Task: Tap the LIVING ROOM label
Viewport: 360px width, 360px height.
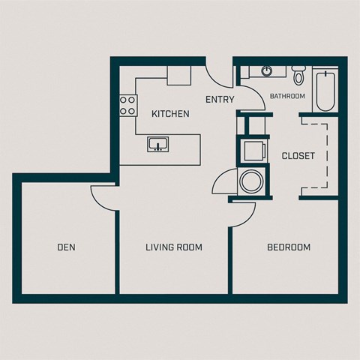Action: click(x=174, y=247)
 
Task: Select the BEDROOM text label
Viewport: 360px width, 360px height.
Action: click(x=289, y=247)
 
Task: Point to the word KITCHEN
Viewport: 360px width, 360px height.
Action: click(x=170, y=114)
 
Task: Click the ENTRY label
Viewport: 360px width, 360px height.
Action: click(x=220, y=99)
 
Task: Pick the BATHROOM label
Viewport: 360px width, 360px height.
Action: click(x=287, y=96)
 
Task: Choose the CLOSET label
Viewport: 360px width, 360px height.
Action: click(x=298, y=156)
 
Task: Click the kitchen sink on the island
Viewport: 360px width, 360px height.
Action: click(x=157, y=143)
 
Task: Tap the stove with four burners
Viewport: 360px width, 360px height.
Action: click(x=127, y=105)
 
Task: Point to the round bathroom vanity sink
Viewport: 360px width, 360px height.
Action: click(x=267, y=72)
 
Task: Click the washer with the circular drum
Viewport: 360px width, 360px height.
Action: click(x=249, y=181)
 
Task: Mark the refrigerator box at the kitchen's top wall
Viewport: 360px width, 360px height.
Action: click(x=179, y=75)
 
